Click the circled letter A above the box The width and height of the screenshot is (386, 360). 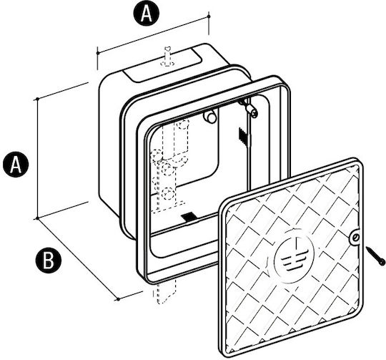147,14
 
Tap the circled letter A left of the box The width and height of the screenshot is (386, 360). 16,165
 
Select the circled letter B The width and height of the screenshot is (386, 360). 49,261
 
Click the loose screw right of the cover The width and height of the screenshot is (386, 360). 375,256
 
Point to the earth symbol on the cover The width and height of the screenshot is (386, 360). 295,256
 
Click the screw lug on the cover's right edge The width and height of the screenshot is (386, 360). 355,238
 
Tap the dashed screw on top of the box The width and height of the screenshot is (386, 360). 167,57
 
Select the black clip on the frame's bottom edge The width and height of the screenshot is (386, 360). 189,217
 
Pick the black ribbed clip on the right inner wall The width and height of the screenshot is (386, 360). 243,136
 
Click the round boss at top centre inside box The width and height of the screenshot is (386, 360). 210,117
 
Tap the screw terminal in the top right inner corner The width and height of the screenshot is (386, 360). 249,108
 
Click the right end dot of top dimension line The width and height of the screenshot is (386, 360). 209,16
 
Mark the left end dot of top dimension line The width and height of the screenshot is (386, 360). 98,53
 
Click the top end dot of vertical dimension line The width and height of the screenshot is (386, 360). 37,99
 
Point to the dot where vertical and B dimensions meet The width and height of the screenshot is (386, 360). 37,218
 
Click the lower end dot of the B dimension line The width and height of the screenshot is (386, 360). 118,299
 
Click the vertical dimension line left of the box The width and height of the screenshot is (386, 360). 37,159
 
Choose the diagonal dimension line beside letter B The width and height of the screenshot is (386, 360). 78,258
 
